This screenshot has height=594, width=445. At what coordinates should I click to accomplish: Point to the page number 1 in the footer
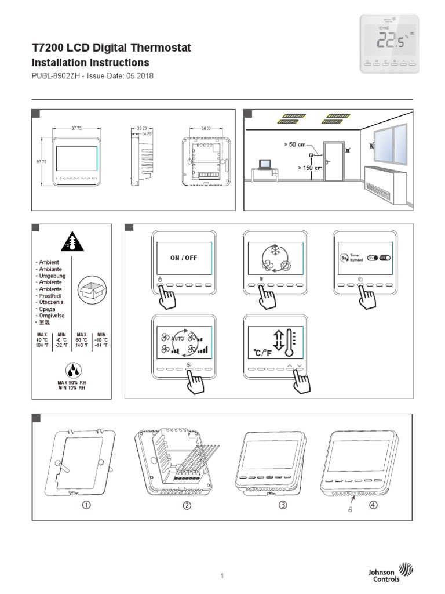point(222,575)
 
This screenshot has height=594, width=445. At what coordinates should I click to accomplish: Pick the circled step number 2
point(187,505)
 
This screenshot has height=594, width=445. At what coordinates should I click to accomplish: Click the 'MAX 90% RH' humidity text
point(71,383)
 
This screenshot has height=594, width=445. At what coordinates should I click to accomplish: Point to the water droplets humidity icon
point(71,370)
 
